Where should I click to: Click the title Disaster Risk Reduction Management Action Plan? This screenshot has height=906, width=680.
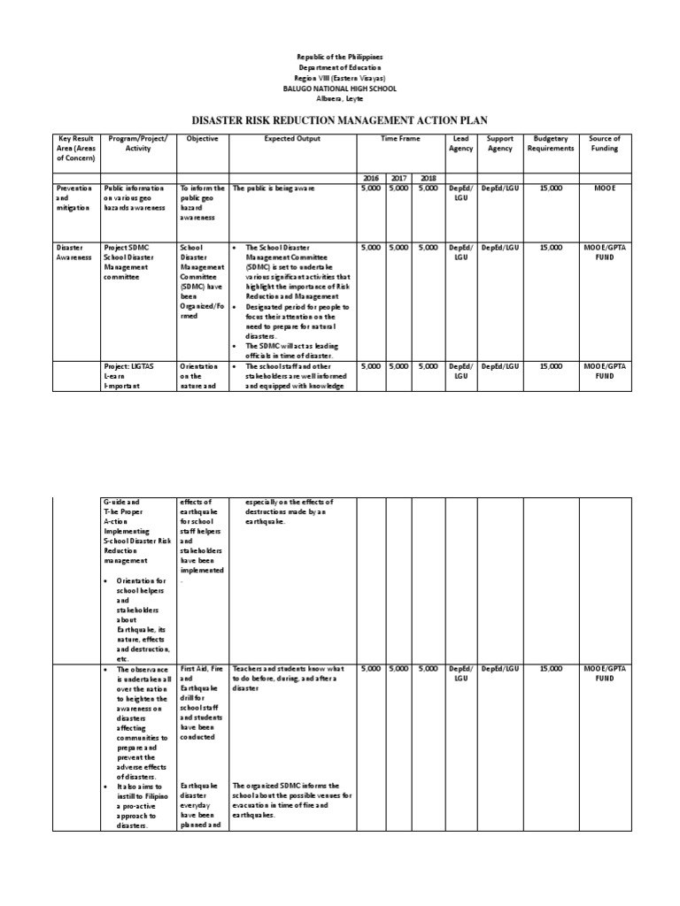340,119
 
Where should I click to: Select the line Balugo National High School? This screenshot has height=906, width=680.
340,88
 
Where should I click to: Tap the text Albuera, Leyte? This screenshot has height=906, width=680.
340,99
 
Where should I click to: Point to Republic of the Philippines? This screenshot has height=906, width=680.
340,57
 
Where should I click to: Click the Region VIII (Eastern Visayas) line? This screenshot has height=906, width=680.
340,78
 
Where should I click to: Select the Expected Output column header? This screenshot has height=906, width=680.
292,139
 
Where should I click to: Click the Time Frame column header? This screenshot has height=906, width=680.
399,139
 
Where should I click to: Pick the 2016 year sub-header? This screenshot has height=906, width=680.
371,178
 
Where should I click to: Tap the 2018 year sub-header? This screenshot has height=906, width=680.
429,178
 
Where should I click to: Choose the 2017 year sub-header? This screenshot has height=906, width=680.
399,178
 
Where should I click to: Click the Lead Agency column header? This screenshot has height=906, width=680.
461,143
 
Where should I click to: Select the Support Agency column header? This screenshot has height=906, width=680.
500,143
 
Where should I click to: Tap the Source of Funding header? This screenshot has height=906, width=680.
605,143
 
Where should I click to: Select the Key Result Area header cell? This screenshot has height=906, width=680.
75,149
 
